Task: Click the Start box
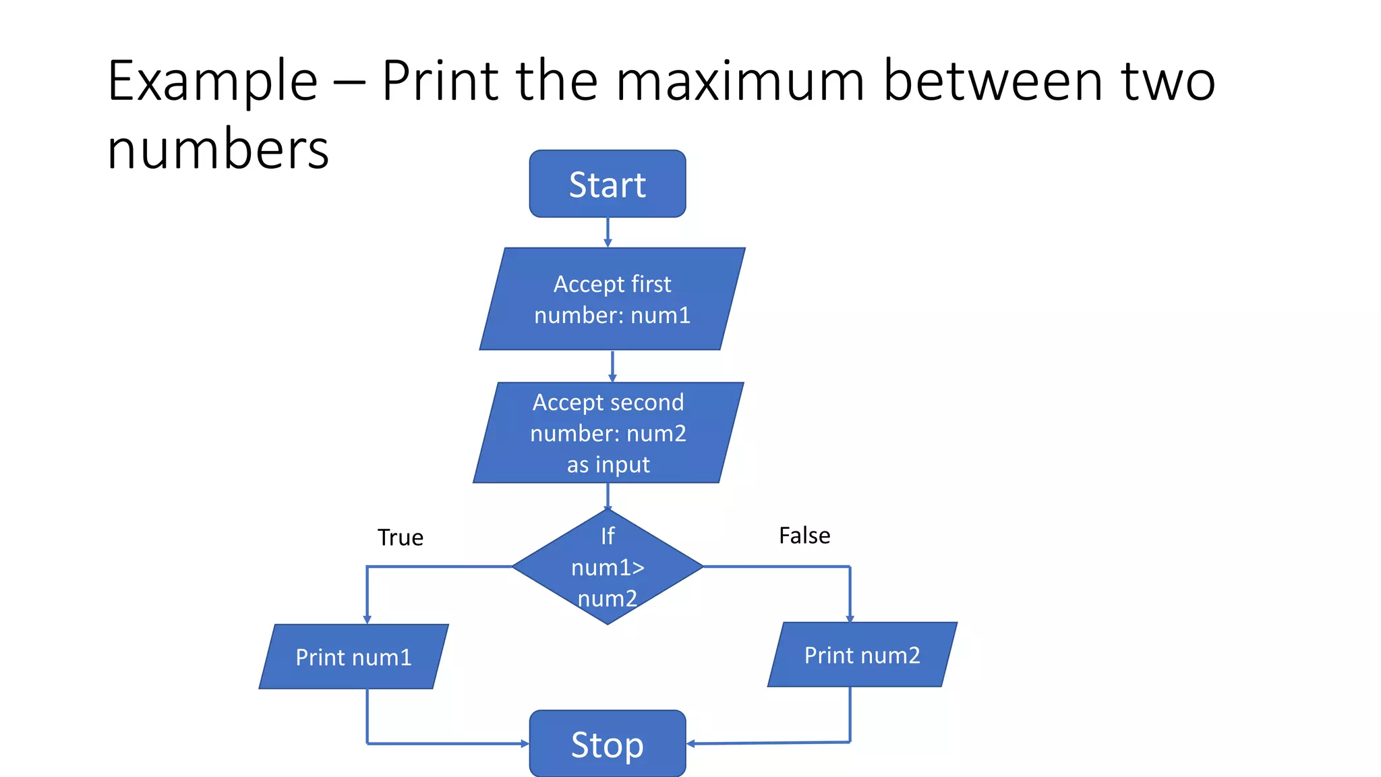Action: tap(607, 184)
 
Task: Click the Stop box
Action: tap(607, 744)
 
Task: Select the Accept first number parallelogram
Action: tap(612, 299)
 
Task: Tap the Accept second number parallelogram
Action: tap(608, 432)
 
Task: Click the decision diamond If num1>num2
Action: tap(607, 567)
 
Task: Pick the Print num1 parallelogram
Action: tap(353, 656)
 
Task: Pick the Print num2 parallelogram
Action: tap(862, 654)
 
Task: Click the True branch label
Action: tap(400, 538)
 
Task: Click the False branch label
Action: tap(804, 536)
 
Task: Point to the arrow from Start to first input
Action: tap(608, 232)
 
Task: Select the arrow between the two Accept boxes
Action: tap(612, 366)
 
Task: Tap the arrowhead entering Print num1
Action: tap(367, 618)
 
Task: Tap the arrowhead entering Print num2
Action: tap(850, 617)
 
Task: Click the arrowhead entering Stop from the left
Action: tap(524, 744)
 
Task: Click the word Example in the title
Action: tap(212, 81)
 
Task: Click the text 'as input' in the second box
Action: tap(608, 465)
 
